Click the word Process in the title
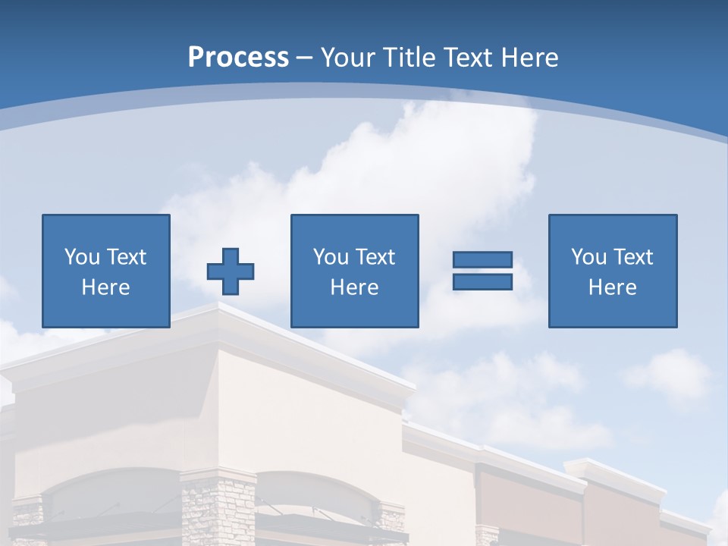coord(238,58)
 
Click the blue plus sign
coord(231,271)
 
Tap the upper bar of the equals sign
coord(482,259)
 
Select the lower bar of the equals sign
coord(482,281)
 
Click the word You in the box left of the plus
coord(82,257)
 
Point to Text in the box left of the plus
coord(126,257)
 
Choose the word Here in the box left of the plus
coord(105,287)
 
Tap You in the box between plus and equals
coord(331,257)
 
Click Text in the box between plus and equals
coord(375,257)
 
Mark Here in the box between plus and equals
coord(354,287)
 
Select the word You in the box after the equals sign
coord(588,257)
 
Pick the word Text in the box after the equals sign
coord(632,257)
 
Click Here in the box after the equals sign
coord(612,287)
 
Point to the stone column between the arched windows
coord(218,508)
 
